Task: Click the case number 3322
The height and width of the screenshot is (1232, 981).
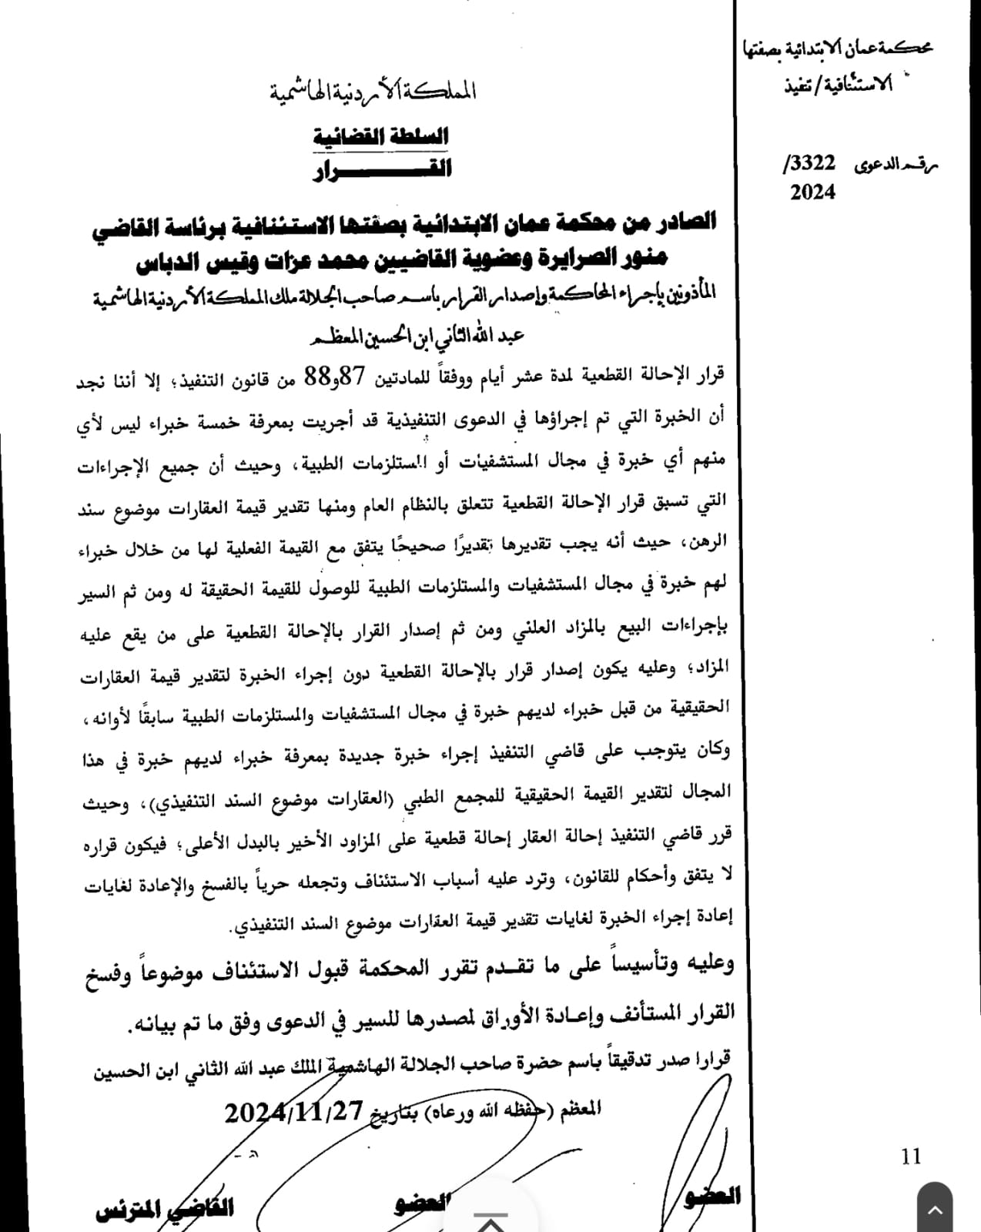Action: pos(813,163)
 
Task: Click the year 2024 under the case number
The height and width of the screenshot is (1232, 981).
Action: pos(812,192)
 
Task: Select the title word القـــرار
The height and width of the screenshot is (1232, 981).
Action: pos(382,169)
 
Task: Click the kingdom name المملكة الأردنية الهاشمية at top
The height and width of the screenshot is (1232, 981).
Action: pos(373,92)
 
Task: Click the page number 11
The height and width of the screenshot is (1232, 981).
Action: pos(910,1156)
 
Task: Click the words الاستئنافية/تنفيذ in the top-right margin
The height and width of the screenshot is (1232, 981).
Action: pos(839,84)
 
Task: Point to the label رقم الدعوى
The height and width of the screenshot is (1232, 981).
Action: pos(896,165)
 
